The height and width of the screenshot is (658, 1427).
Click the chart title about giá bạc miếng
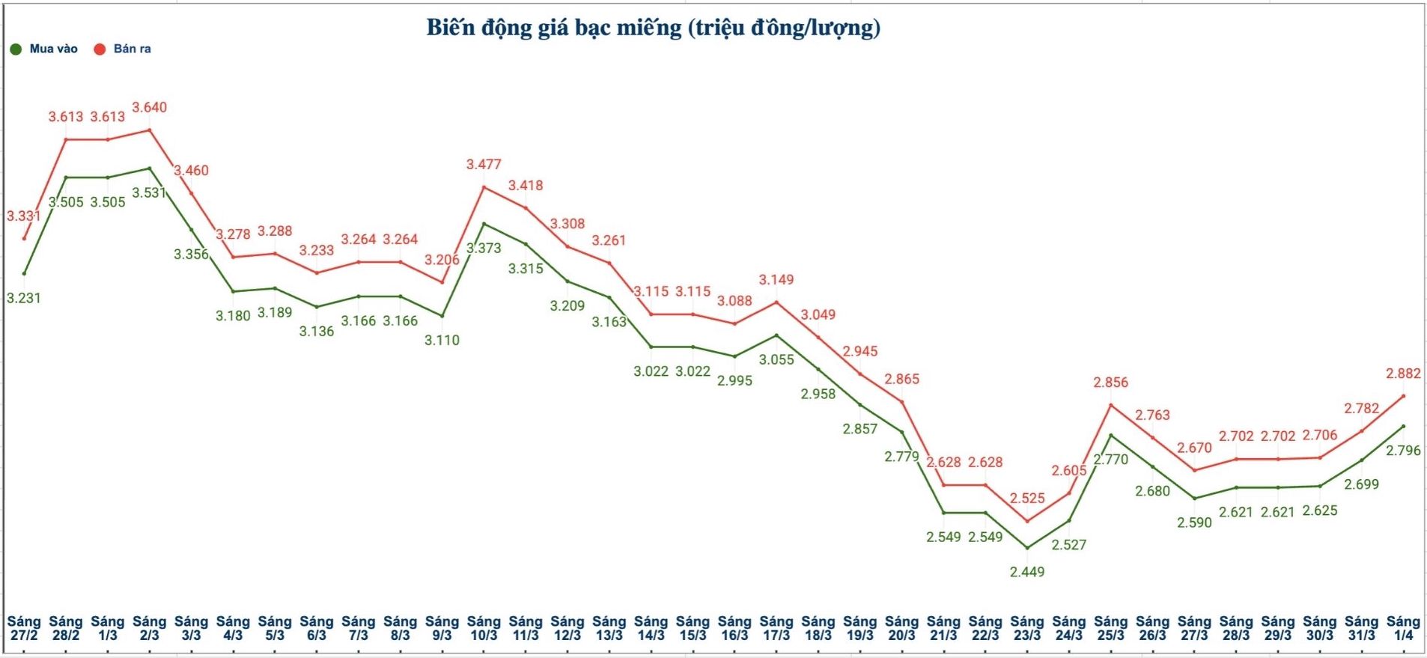click(x=653, y=28)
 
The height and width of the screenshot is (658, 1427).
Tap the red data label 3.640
click(x=150, y=108)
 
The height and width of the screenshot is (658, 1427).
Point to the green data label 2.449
click(x=1027, y=572)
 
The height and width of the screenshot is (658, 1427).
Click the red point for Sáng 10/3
click(x=484, y=187)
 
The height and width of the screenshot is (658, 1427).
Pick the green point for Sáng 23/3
click(x=1027, y=548)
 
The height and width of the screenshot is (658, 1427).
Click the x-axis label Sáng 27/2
click(x=24, y=628)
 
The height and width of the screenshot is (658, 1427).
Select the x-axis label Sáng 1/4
click(x=1403, y=628)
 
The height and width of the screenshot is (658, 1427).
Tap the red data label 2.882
click(x=1403, y=374)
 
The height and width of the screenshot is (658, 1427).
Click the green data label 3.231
click(x=24, y=298)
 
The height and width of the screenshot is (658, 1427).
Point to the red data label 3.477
click(x=484, y=165)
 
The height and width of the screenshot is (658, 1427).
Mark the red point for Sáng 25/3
click(x=1110, y=405)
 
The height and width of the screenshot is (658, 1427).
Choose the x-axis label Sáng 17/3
click(x=776, y=628)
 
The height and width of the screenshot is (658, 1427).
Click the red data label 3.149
click(x=776, y=280)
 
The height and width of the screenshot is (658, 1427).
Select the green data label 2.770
click(x=1110, y=460)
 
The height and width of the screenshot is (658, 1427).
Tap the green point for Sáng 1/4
click(x=1403, y=426)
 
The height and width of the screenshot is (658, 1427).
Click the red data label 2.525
click(x=1027, y=499)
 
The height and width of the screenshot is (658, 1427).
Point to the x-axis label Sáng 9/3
click(x=442, y=628)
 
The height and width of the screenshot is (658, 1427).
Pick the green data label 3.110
click(x=442, y=341)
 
